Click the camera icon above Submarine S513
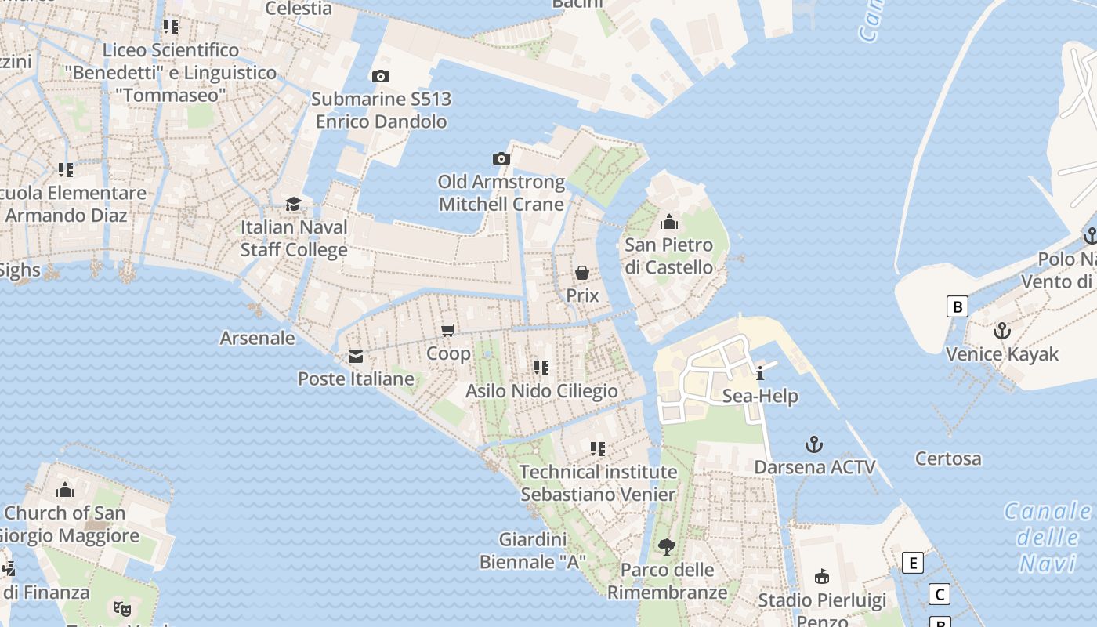381,76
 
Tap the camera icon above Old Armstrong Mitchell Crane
501,158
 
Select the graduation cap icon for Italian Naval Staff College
293,204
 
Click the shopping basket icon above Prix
582,272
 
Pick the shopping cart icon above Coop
448,330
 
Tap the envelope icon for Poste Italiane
356,357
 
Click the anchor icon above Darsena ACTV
814,444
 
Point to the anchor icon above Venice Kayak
1001,331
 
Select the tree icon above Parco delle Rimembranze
667,546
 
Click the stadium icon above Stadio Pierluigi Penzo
821,577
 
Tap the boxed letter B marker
957,306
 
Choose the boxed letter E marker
912,563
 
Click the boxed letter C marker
939,594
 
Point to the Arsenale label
257,339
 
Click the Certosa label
948,458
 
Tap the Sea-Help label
760,396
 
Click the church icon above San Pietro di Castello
669,222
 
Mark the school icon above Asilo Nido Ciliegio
541,367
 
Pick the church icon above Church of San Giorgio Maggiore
65,491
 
